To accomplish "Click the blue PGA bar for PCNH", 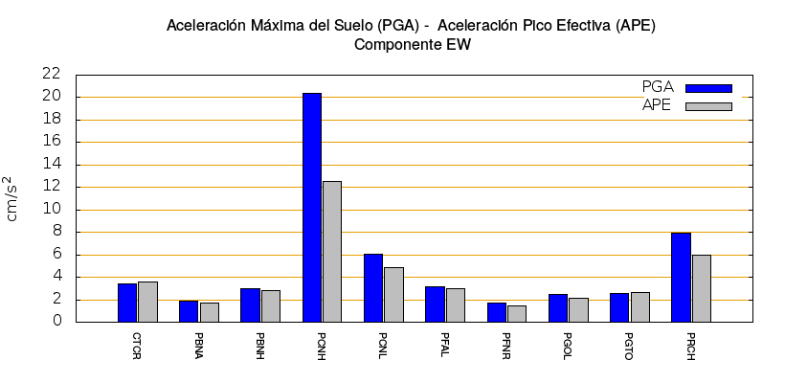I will click(x=312, y=207).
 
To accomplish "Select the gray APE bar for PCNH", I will click(x=332, y=251).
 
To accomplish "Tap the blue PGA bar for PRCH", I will click(x=681, y=277).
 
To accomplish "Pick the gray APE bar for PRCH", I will click(x=701, y=288).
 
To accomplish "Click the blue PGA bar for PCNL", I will click(x=373, y=287).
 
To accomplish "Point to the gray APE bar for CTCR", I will click(x=147, y=302).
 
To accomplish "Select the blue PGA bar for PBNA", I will click(x=189, y=311).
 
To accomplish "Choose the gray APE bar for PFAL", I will click(x=456, y=304).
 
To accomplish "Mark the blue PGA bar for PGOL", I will click(x=558, y=307).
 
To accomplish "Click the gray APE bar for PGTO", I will click(x=639, y=306).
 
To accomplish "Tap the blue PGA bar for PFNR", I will click(x=497, y=312).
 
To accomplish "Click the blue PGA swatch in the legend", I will click(x=708, y=88).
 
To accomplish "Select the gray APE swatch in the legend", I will click(x=708, y=106).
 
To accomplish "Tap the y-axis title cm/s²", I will click(x=12, y=198).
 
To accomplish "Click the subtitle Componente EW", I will click(x=412, y=44).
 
